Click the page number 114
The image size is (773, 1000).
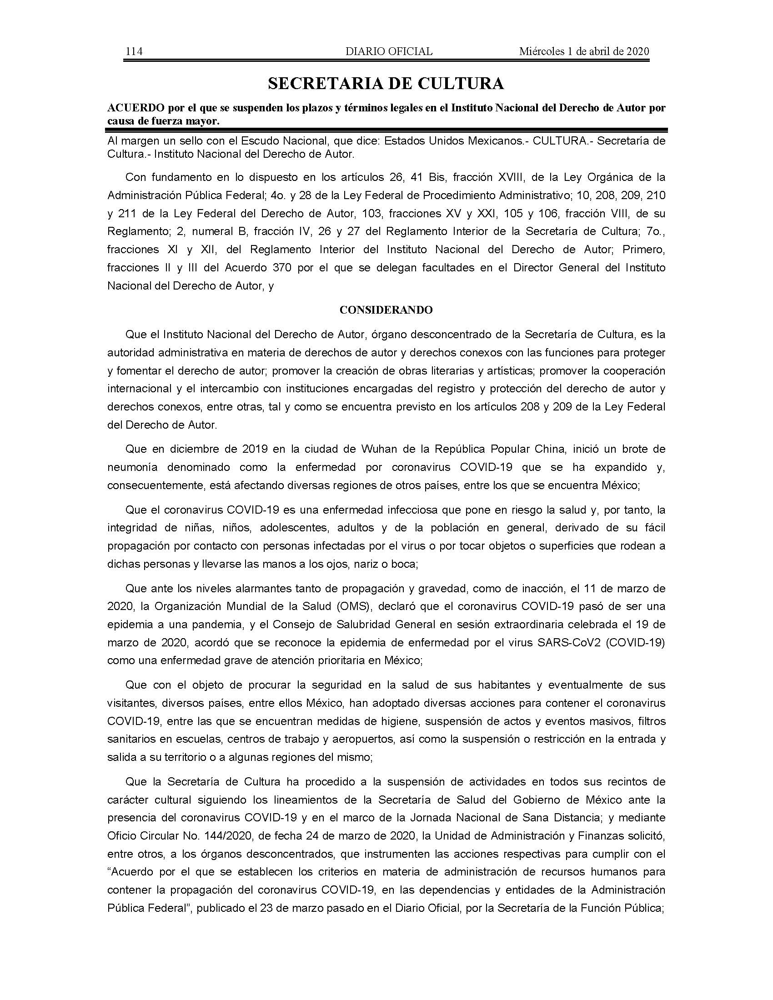point(134,51)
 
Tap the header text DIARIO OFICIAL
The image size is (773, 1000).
point(389,51)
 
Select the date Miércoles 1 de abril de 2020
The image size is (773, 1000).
point(584,51)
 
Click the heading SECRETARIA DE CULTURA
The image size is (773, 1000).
point(386,83)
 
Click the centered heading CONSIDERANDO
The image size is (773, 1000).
point(386,310)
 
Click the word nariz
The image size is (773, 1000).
point(365,564)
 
